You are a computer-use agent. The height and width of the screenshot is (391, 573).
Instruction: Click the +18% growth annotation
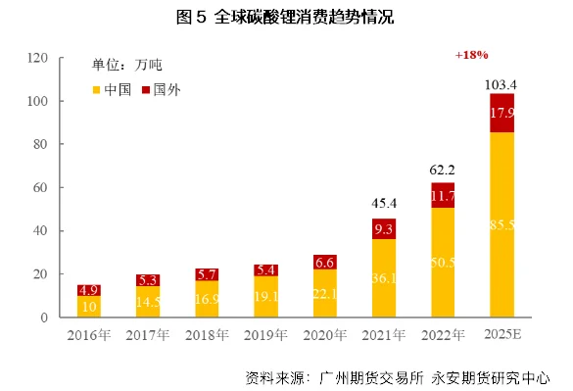[471, 56]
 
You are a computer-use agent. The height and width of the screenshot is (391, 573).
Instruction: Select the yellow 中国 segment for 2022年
[443, 262]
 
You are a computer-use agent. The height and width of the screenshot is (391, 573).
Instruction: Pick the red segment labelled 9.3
[384, 229]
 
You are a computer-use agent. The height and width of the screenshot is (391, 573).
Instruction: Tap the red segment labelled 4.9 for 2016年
[89, 290]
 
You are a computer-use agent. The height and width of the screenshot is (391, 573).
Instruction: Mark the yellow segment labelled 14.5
[148, 302]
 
